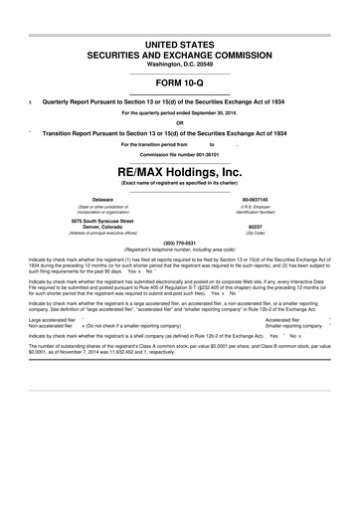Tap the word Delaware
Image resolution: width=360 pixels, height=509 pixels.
click(x=102, y=200)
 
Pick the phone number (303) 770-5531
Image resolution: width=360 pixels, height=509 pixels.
click(x=180, y=243)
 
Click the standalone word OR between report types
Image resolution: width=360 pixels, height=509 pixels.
click(x=180, y=123)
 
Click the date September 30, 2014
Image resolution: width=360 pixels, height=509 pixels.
click(x=219, y=113)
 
